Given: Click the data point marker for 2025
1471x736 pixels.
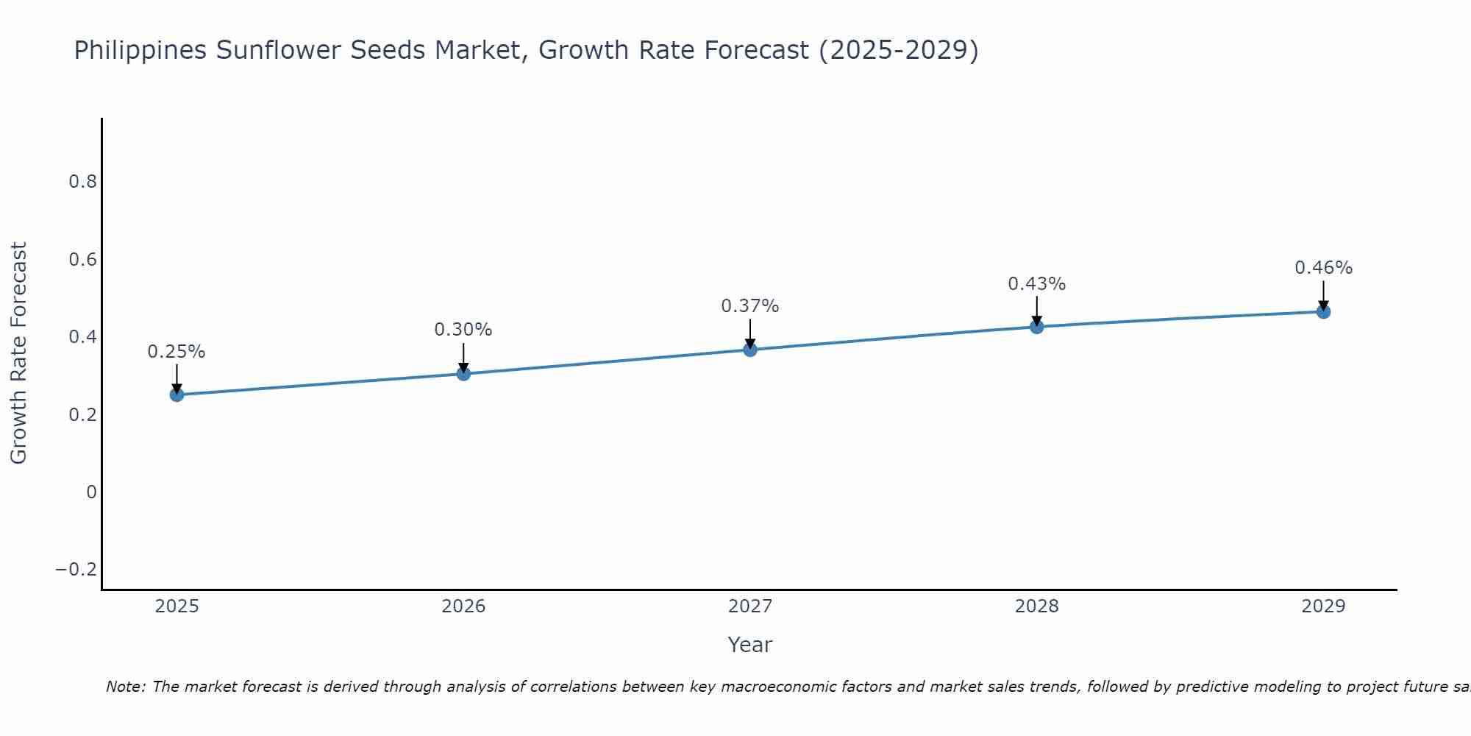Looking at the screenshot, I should (177, 394).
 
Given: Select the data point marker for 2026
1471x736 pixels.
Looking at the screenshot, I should (463, 374).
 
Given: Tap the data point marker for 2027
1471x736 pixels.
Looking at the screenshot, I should (750, 350).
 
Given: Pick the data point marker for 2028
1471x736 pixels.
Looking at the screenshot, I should (1036, 327).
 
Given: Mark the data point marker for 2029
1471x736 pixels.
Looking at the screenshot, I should (1323, 312).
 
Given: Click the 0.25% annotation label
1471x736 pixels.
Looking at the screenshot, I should (177, 352).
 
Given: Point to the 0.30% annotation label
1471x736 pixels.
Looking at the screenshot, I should (463, 330).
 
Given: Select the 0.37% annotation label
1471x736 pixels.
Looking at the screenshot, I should (750, 306).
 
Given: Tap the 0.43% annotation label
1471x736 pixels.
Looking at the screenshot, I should (1036, 284).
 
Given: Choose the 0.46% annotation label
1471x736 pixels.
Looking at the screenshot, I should (1323, 268).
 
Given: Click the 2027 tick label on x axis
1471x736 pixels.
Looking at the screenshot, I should (750, 606).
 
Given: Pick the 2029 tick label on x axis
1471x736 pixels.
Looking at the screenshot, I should (1323, 606).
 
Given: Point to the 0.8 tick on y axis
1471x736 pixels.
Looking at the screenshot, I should (83, 182).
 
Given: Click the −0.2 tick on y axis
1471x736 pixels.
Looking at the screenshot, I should (76, 570).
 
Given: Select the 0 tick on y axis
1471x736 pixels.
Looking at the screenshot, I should (91, 492).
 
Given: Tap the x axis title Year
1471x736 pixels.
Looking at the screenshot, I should (749, 645).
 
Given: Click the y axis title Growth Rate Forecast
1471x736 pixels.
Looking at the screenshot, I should (18, 353).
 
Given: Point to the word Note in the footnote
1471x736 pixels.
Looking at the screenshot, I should (126, 687).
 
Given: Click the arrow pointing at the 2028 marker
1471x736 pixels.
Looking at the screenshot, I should (1036, 311).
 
